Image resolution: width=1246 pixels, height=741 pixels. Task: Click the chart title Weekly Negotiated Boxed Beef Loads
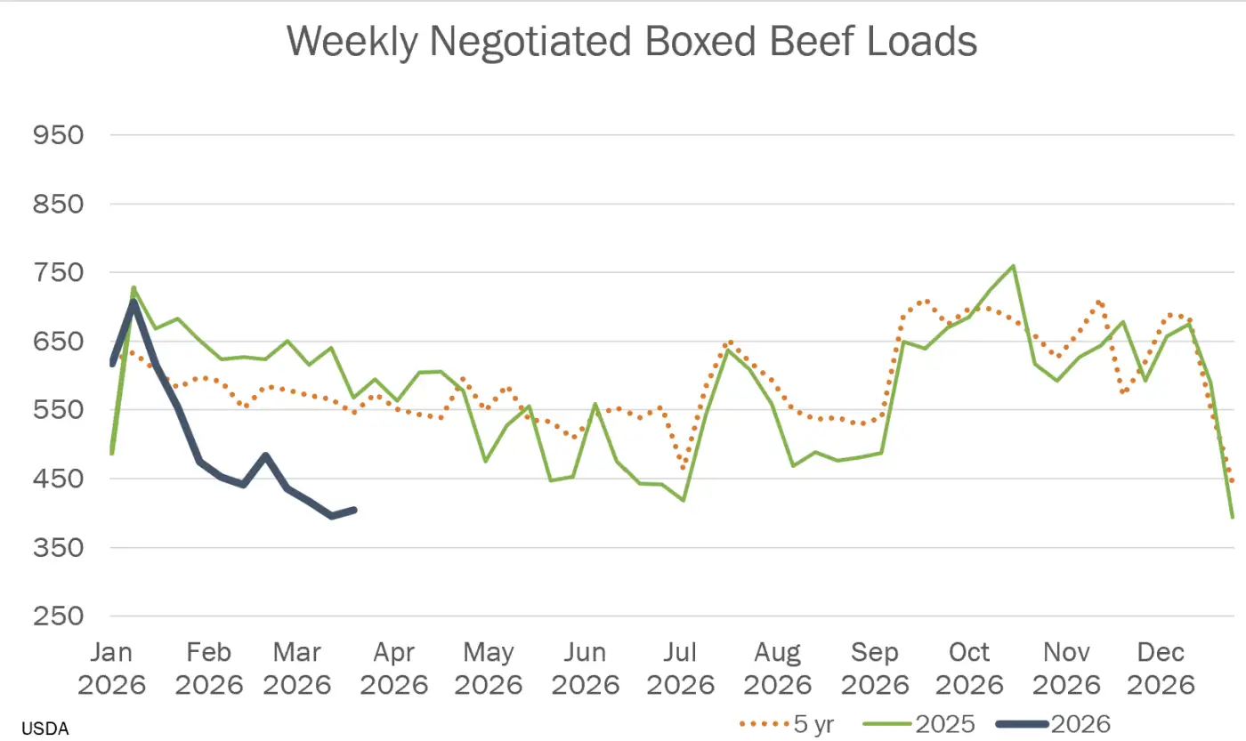tap(632, 42)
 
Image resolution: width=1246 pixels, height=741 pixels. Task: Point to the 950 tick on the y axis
tap(58, 135)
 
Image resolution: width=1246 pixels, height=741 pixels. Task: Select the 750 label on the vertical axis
tap(58, 273)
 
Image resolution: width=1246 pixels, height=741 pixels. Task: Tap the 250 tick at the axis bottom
tap(58, 616)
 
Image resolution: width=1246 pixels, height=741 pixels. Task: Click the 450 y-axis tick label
tap(58, 479)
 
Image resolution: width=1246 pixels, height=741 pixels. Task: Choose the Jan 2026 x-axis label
tap(111, 668)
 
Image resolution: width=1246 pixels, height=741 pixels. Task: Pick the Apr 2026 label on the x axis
tap(394, 668)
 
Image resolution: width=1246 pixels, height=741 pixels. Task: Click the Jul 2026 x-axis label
tap(681, 668)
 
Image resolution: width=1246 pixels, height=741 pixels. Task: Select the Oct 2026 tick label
tap(968, 668)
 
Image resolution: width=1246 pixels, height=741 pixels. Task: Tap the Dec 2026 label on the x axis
tap(1161, 668)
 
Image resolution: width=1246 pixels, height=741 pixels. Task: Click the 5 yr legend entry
tap(787, 723)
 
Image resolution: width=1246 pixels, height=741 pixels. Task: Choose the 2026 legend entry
tap(1059, 723)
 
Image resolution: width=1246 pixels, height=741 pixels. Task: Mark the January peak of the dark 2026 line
tap(133, 303)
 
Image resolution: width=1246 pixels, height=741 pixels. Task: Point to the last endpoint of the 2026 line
tap(354, 510)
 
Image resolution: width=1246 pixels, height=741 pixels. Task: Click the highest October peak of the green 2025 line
tap(1014, 266)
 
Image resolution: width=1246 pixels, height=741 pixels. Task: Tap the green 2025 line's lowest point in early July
tap(684, 500)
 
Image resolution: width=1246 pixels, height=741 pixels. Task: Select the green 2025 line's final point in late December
tap(1233, 517)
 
